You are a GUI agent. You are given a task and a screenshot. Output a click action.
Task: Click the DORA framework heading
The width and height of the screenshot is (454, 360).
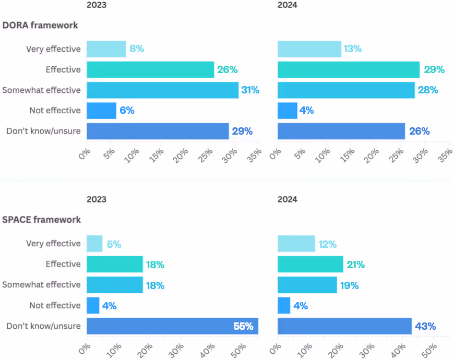point(41,25)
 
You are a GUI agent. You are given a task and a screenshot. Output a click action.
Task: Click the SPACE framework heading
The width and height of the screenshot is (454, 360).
point(41,220)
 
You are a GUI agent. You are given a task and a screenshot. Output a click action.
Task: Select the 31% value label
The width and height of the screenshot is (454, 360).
point(250,90)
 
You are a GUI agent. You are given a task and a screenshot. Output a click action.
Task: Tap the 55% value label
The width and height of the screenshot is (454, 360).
point(243,327)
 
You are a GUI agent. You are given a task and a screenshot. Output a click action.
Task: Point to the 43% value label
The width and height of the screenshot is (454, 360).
point(425,327)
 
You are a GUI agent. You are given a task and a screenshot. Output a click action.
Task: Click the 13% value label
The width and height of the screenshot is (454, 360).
point(352,49)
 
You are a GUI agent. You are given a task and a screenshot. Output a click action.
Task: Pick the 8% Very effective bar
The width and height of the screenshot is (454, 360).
point(106,49)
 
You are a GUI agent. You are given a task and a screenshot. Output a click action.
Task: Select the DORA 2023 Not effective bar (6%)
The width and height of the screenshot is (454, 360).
point(101,111)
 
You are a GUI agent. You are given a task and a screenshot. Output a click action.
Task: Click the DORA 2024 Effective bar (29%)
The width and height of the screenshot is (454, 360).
point(349,69)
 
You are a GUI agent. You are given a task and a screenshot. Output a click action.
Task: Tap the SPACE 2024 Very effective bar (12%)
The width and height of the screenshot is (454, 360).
point(296,244)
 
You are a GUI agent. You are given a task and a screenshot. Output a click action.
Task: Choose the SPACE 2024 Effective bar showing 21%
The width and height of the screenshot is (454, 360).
point(310,265)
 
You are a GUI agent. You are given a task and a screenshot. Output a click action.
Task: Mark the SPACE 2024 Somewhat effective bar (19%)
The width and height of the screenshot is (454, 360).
point(307,285)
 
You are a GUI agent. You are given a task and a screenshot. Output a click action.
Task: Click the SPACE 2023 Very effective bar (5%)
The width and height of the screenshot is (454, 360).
point(94,244)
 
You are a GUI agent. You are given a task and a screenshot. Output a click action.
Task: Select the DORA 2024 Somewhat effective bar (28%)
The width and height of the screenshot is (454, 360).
point(346,90)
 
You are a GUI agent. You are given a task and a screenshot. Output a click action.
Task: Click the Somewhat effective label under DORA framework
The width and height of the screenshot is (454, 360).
point(41,90)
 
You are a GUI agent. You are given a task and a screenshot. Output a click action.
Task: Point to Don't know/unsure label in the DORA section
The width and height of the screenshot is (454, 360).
point(44,131)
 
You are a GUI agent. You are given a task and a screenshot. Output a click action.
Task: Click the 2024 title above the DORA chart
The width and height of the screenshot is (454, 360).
point(288,5)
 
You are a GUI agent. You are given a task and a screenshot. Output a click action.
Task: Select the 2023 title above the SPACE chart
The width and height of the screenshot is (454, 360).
point(96,199)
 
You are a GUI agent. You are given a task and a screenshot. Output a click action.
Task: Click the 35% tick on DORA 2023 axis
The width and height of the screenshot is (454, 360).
point(255,157)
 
